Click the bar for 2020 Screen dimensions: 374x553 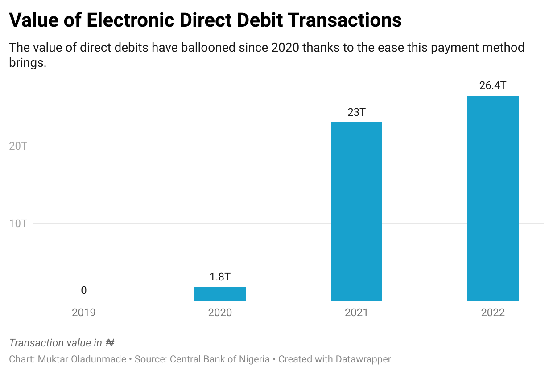pos(220,294)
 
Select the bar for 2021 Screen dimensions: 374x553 pos(356,211)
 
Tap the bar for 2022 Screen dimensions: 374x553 pos(493,198)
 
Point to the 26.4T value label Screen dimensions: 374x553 pos(493,85)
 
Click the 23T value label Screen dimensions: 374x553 pos(356,112)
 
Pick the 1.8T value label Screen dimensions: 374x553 pos(220,277)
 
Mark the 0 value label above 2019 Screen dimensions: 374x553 pos(84,291)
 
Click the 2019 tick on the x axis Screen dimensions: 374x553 pos(84,313)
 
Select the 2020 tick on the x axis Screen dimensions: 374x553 pos(220,313)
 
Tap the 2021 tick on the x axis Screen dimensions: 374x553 pos(356,313)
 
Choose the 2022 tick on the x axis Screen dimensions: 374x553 pos(493,313)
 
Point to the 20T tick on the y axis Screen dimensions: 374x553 pos(18,146)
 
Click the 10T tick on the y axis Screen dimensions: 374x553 pos(18,224)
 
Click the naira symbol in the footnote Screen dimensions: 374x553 pos(110,343)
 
